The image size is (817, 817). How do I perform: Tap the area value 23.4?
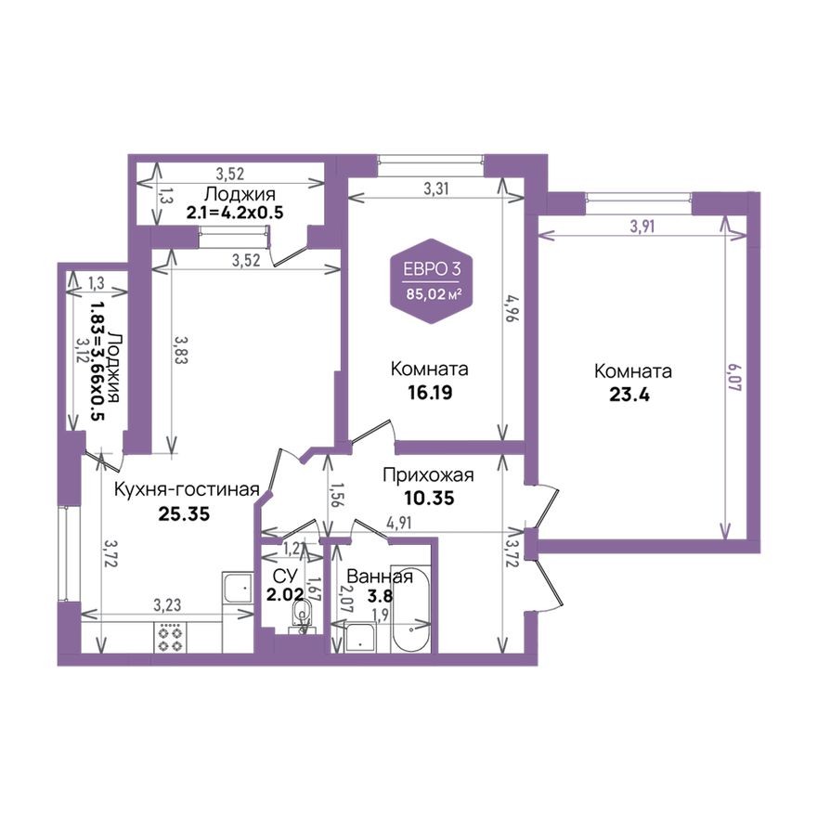point(629,395)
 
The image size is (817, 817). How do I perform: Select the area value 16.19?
point(430,393)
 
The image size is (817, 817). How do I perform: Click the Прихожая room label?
point(428,475)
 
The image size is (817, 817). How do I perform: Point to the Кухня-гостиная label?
point(187,489)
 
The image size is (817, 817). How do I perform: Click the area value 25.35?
point(184,513)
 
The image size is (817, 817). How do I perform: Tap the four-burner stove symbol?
point(170,637)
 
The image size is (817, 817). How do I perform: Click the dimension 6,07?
point(733,378)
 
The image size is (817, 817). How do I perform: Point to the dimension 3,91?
point(642,227)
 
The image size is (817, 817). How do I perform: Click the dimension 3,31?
point(435,188)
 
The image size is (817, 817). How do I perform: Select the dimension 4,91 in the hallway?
point(398,523)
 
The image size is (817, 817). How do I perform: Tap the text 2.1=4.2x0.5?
point(235,213)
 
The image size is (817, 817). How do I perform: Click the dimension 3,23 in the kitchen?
point(168,605)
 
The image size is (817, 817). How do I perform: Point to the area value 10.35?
point(429,499)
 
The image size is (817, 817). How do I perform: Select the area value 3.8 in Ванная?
point(381,595)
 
